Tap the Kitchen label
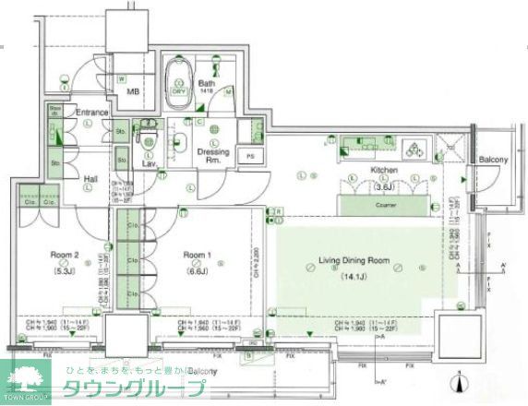coord(383,172)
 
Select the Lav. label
coord(148,164)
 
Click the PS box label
coord(247,156)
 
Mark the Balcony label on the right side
coord(492,161)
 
